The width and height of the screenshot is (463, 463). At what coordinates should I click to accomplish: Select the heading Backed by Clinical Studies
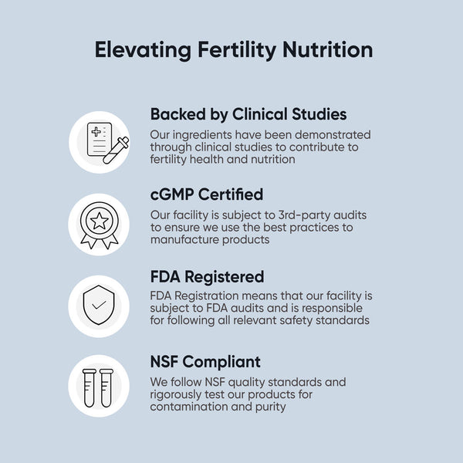point(248,114)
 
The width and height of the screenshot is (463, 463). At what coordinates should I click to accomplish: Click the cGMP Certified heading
point(206,194)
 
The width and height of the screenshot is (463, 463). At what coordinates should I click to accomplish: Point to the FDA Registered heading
point(207,276)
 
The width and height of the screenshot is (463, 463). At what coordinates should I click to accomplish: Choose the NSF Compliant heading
point(205,361)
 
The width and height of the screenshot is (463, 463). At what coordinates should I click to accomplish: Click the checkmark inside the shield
point(99,305)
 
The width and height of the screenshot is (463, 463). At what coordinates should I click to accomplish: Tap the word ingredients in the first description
point(202,134)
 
